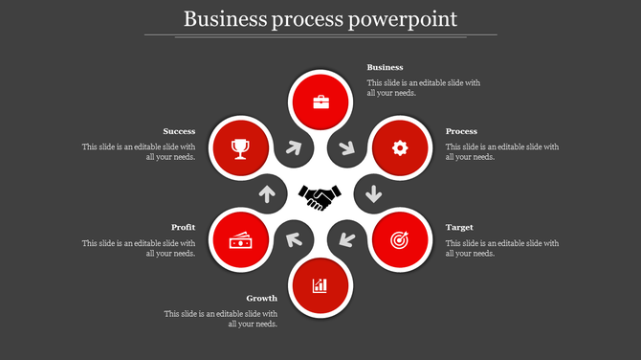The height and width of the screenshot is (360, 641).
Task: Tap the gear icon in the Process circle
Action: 400,147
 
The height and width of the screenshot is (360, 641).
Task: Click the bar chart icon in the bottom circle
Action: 320,285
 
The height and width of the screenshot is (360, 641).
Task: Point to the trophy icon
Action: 240,147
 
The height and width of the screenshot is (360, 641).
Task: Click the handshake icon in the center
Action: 320,197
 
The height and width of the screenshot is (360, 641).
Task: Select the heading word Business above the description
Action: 385,68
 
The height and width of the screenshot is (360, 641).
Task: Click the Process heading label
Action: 461,131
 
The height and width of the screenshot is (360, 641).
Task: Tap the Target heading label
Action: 459,228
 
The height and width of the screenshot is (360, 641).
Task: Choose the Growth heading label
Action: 261,299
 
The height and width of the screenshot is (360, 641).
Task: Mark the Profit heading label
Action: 184,228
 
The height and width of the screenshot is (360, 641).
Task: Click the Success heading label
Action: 179,131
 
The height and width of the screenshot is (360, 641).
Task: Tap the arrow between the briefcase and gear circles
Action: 346,148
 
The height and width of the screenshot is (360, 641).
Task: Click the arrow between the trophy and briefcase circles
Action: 294,148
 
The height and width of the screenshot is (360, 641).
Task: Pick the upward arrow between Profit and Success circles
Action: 267,194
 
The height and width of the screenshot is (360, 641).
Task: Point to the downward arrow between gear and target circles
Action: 373,194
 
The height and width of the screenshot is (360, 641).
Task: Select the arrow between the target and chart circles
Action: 346,239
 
